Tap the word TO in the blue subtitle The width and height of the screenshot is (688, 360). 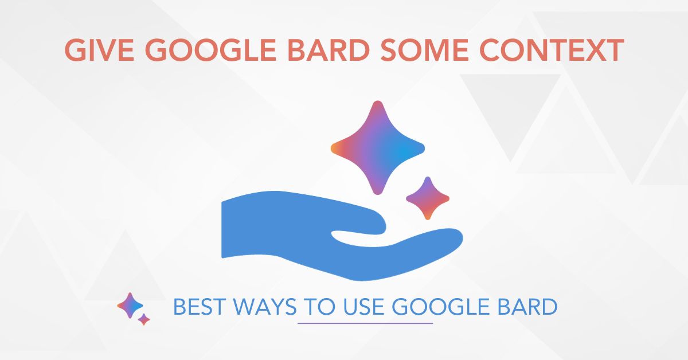[x=318, y=308]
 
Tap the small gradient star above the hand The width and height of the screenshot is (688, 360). [x=427, y=198]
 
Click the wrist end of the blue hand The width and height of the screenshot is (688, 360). [x=232, y=229]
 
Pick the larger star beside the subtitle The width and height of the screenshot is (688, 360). [x=130, y=305]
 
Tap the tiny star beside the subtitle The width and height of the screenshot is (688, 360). [x=144, y=319]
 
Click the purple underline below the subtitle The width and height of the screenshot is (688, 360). [x=365, y=323]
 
